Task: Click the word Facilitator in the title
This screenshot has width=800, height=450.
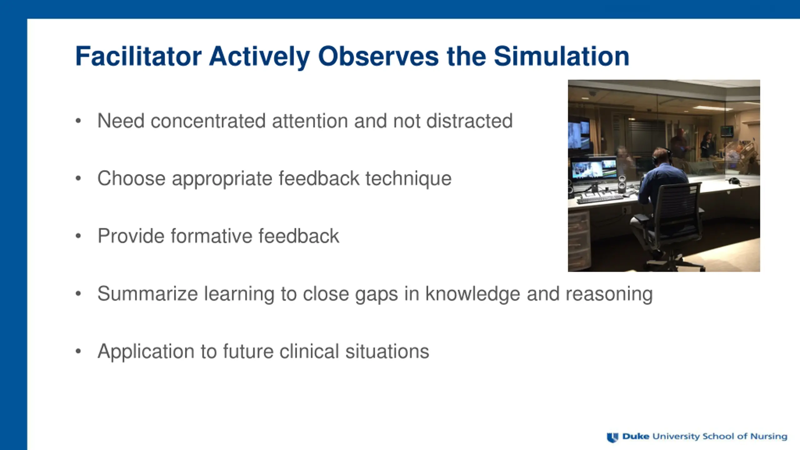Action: point(138,56)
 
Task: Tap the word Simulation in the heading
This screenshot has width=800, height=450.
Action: point(562,56)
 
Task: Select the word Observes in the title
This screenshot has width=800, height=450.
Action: point(378,56)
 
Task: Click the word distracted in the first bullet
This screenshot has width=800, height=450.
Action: point(469,121)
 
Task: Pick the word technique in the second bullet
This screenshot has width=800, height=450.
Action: point(408,179)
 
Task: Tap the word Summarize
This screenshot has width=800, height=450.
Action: point(147,293)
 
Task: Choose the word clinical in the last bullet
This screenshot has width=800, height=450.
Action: point(309,351)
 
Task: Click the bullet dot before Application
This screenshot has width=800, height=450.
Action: point(78,351)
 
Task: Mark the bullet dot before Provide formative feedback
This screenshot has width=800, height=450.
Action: point(78,236)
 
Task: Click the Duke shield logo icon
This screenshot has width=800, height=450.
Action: point(612,437)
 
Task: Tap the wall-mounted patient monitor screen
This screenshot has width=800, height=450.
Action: point(727,131)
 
